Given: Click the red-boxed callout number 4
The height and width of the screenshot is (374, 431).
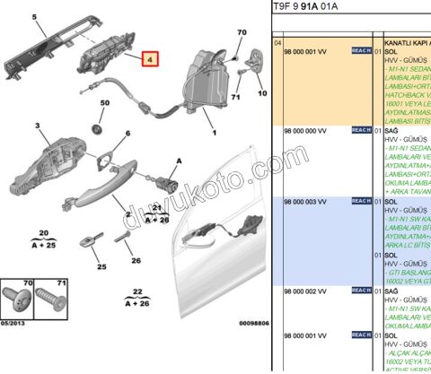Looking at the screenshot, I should (x=150, y=61).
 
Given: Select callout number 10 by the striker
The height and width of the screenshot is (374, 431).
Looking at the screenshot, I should (x=261, y=91).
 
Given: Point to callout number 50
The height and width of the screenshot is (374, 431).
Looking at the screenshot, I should (x=104, y=104).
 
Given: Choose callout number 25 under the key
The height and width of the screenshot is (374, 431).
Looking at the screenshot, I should (x=101, y=265).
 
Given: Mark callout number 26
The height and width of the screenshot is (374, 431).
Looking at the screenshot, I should (x=136, y=261).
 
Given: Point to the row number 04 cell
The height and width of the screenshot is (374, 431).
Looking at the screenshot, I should (x=277, y=42).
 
